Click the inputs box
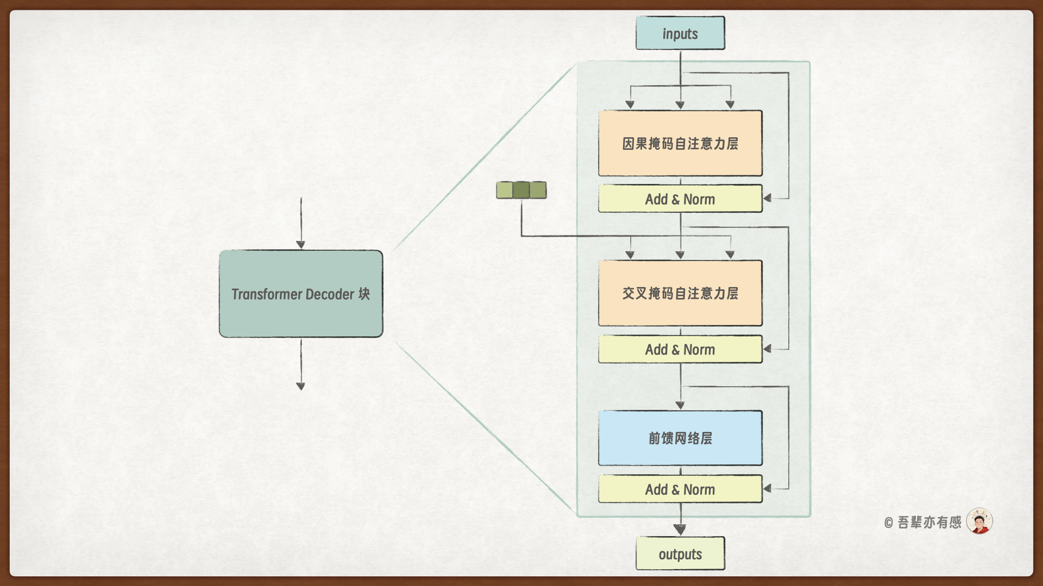pos(680,33)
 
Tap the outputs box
pos(680,553)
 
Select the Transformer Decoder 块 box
pos(301,294)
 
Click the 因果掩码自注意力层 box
pos(680,143)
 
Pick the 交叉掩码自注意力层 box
pos(680,293)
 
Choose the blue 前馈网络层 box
pos(680,438)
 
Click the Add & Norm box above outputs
pos(680,489)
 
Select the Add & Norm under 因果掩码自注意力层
pos(680,199)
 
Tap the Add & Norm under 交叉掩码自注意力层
pos(680,349)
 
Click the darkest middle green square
pos(521,190)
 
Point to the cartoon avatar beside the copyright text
pos(979,521)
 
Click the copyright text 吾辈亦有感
pos(929,522)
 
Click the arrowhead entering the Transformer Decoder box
pos(301,245)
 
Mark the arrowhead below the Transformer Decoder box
pos(301,386)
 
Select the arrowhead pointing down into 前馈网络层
pos(680,405)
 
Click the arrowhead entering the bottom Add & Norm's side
pos(767,489)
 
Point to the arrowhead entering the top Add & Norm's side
pos(767,199)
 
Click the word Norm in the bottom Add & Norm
pos(699,489)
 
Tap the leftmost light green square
pos(505,190)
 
